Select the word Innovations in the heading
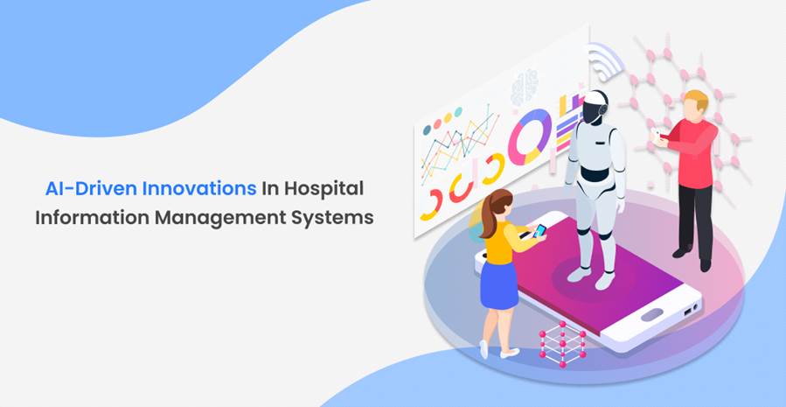click(199, 189)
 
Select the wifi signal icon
click(605, 60)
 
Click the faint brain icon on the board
click(525, 87)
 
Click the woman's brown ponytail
click(488, 216)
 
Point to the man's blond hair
click(696, 98)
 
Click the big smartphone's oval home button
click(651, 315)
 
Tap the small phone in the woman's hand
click(539, 230)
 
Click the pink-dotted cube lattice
click(562, 344)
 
